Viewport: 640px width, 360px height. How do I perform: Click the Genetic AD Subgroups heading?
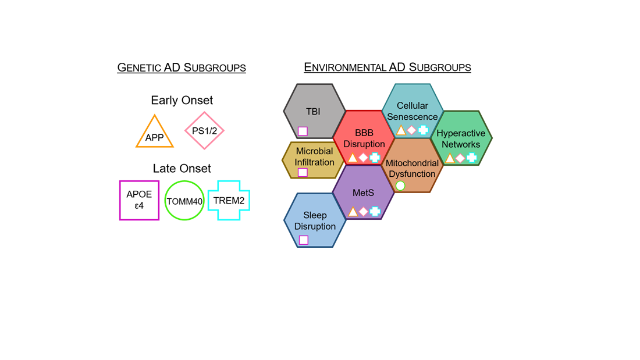click(182, 67)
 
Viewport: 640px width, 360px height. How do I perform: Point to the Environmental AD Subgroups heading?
click(387, 67)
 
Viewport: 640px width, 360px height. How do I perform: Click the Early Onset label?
click(182, 100)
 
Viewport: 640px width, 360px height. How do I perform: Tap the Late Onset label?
click(182, 168)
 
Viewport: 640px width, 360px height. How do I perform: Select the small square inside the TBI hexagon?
click(303, 131)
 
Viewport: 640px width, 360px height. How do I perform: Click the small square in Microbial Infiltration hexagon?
click(303, 172)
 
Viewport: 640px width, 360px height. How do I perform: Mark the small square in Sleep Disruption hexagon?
click(303, 240)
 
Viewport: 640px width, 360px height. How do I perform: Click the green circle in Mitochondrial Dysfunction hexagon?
click(400, 186)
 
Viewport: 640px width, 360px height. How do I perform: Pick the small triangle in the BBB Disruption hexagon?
click(353, 158)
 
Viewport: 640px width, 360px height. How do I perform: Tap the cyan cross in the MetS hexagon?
click(375, 212)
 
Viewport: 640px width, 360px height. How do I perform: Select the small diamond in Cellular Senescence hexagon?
click(412, 131)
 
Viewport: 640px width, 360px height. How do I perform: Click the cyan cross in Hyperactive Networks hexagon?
click(471, 158)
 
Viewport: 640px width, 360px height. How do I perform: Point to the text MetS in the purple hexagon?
click(363, 193)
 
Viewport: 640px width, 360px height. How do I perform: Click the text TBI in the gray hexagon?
click(313, 112)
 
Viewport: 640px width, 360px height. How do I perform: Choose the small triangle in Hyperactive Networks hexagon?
click(450, 158)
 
